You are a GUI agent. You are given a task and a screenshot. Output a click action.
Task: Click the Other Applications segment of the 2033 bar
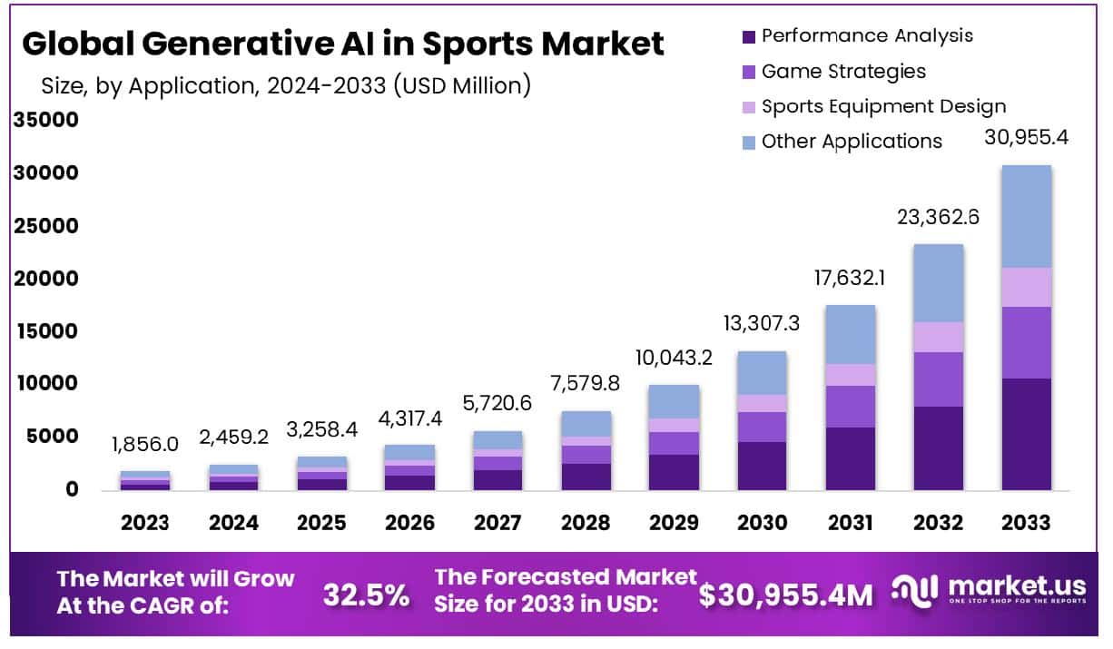(1026, 216)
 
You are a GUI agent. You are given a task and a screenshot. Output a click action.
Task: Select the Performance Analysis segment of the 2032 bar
(938, 448)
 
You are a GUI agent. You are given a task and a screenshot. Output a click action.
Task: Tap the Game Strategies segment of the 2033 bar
(1026, 342)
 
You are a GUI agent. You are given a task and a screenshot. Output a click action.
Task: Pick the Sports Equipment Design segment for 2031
(851, 375)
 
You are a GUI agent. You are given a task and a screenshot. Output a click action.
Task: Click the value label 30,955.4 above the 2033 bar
(1026, 138)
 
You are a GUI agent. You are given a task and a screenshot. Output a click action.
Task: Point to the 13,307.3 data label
(763, 323)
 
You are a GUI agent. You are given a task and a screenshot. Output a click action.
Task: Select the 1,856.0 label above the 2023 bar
(145, 445)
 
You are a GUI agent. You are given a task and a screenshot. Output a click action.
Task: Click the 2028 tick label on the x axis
(586, 523)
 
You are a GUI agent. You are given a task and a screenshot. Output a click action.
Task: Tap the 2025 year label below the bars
(321, 523)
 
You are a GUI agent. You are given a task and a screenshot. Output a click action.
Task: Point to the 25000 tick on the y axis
(45, 226)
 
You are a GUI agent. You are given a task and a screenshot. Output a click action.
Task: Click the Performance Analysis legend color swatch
(748, 37)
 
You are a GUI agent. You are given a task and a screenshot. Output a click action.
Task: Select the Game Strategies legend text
(843, 71)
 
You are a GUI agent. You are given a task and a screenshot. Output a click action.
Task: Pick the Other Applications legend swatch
(748, 143)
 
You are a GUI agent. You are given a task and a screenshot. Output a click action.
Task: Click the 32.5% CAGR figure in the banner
(366, 595)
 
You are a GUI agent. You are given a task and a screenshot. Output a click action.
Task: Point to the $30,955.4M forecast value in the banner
(786, 595)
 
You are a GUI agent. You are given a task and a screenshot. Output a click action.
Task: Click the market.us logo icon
(913, 590)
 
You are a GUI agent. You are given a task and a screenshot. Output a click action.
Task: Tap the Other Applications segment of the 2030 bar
(763, 373)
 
